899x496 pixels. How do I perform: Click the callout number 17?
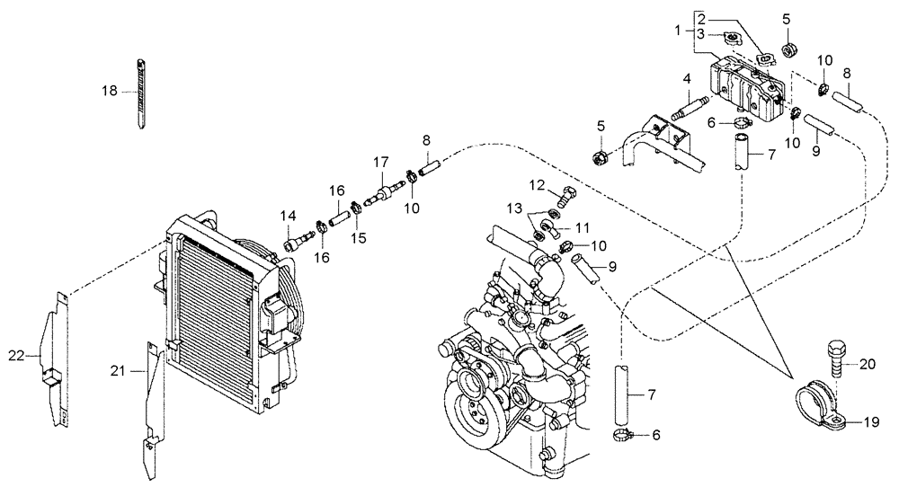[x=381, y=162]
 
